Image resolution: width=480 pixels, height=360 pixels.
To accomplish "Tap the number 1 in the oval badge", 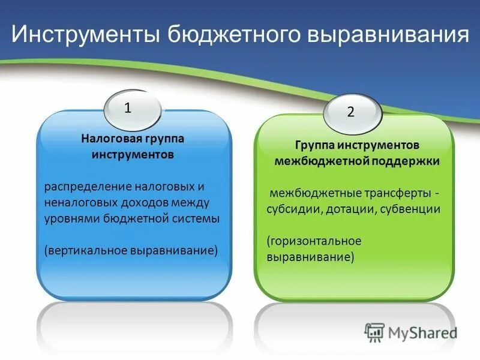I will (128, 108).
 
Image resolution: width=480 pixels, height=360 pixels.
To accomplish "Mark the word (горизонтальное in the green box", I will (314, 241).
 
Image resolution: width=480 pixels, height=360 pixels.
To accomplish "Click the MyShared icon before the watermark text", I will (374, 332).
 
